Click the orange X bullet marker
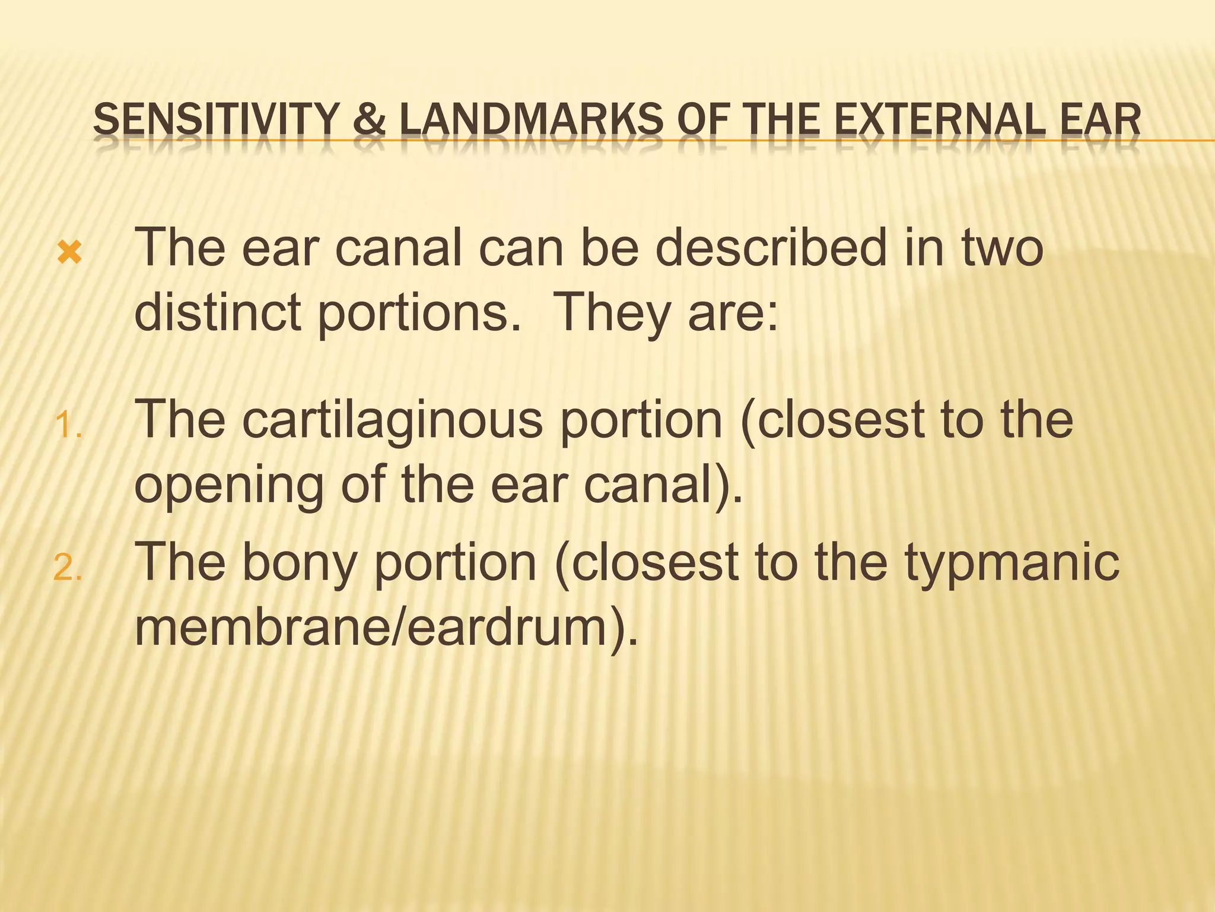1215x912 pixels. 69,254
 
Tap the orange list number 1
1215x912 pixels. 67,426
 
